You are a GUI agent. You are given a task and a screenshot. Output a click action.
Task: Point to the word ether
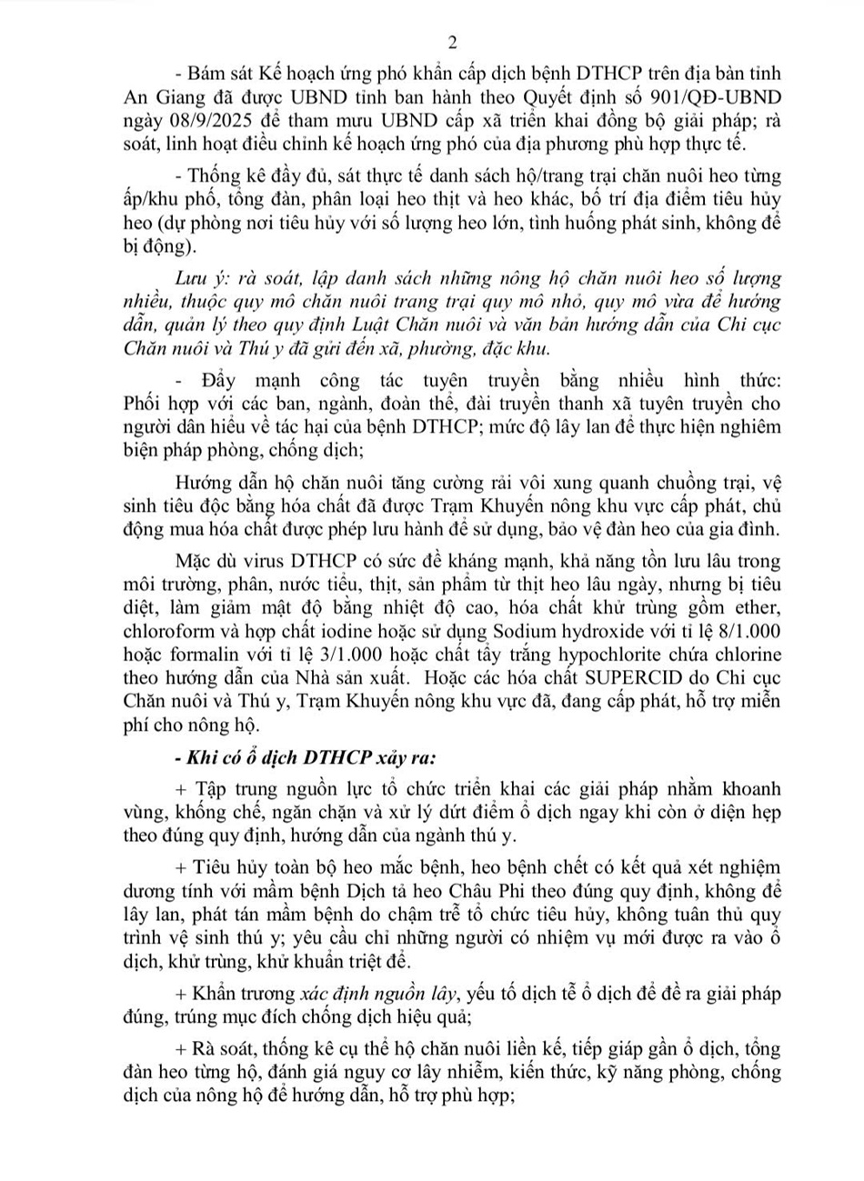763,608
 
